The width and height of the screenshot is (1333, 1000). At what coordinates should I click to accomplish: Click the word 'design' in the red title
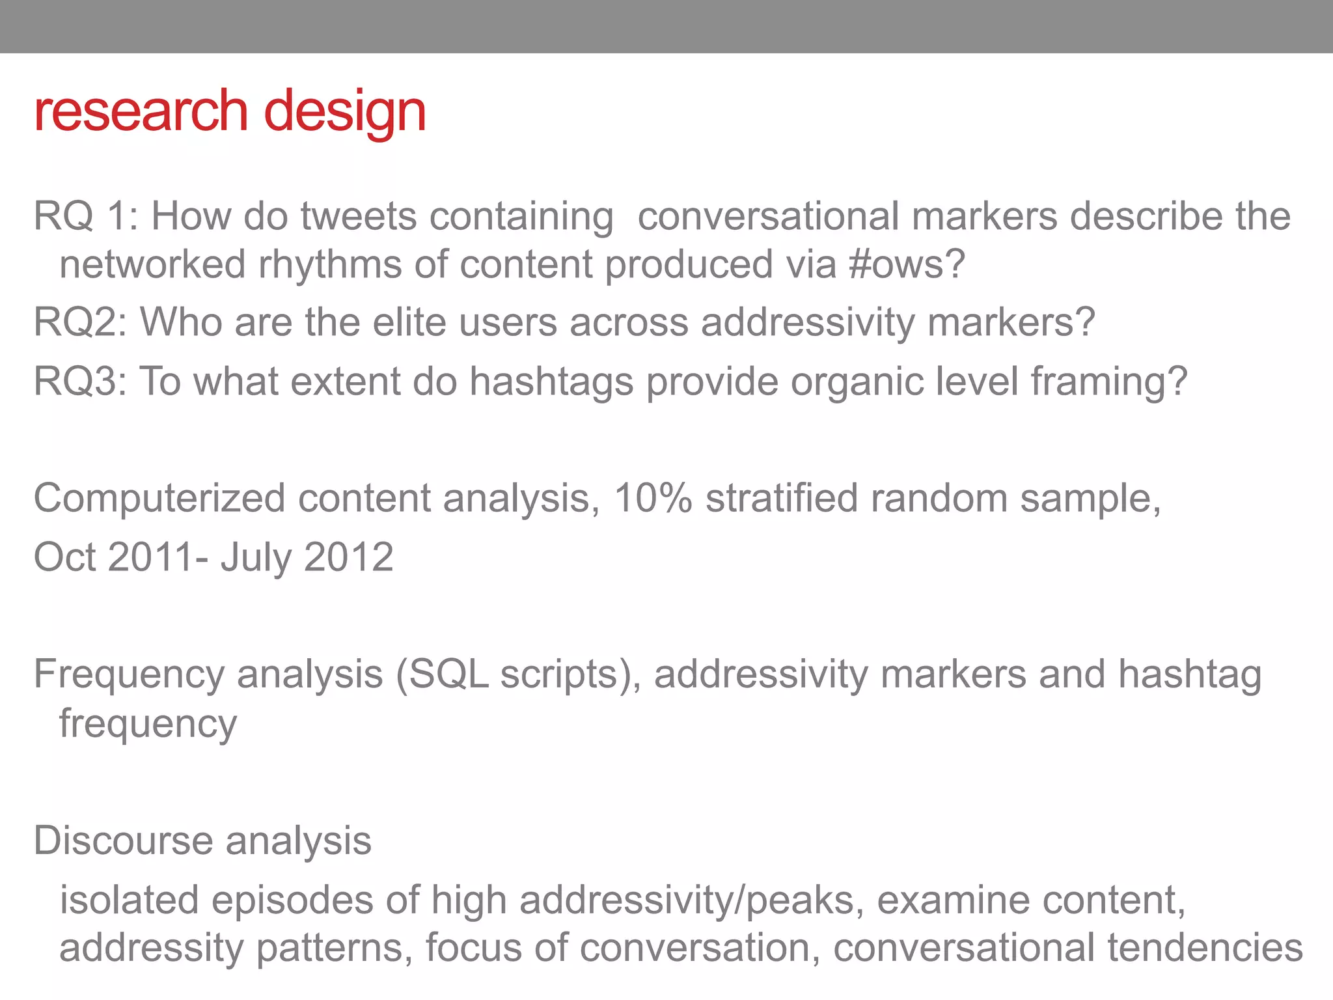coord(344,112)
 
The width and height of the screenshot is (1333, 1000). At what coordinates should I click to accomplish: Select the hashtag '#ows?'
coord(907,264)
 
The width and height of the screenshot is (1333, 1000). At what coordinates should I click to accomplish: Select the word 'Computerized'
coord(159,499)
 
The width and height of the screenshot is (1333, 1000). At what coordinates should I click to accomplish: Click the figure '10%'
coord(653,499)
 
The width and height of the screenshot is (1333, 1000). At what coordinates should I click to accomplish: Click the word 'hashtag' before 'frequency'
coord(1189,675)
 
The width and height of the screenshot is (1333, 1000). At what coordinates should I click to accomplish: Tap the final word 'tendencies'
coord(1205,948)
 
